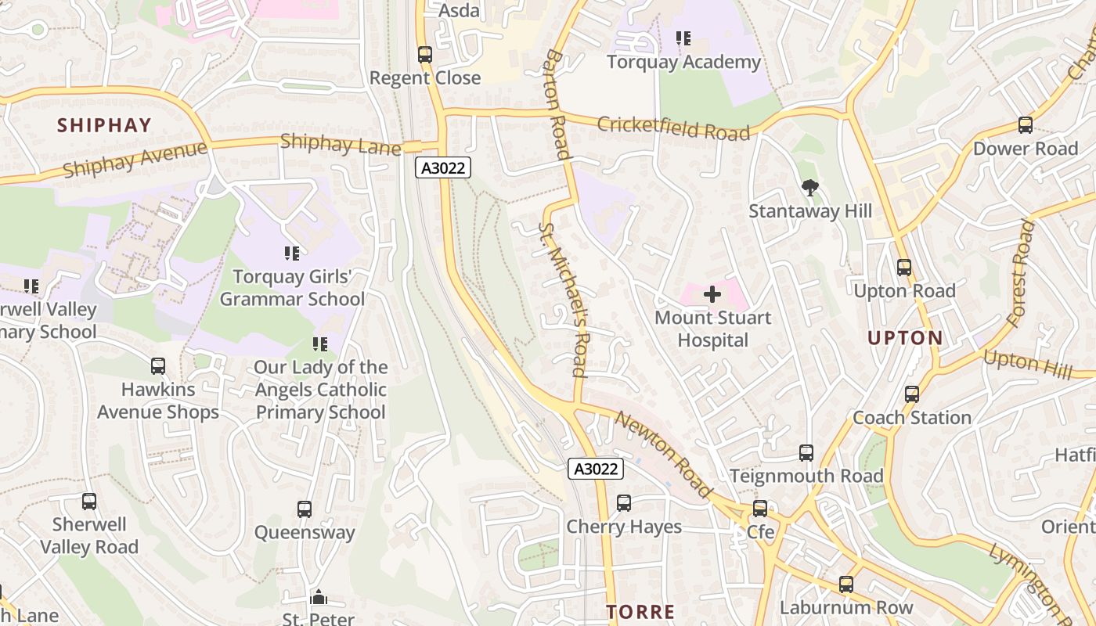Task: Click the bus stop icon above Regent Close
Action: [x=425, y=55]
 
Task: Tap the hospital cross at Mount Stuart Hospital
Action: [x=712, y=294]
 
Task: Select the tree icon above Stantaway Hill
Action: [x=810, y=187]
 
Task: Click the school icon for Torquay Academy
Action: [x=683, y=38]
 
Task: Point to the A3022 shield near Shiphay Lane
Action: [x=442, y=167]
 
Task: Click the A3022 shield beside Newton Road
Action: [x=596, y=469]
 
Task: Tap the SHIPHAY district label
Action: [x=104, y=125]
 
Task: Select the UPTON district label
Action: [x=905, y=338]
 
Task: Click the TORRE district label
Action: [x=641, y=612]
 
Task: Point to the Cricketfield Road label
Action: [x=673, y=128]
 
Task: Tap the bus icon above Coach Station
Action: [x=912, y=394]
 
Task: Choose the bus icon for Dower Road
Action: [x=1025, y=125]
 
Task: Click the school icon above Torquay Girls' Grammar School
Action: [x=292, y=253]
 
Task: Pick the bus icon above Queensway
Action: [x=305, y=509]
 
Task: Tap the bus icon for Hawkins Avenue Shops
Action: [x=158, y=365]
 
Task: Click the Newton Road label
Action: [x=663, y=454]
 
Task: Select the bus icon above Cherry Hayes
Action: [x=624, y=503]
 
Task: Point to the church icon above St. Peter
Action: [x=318, y=599]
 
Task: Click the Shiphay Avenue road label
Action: [x=135, y=160]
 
